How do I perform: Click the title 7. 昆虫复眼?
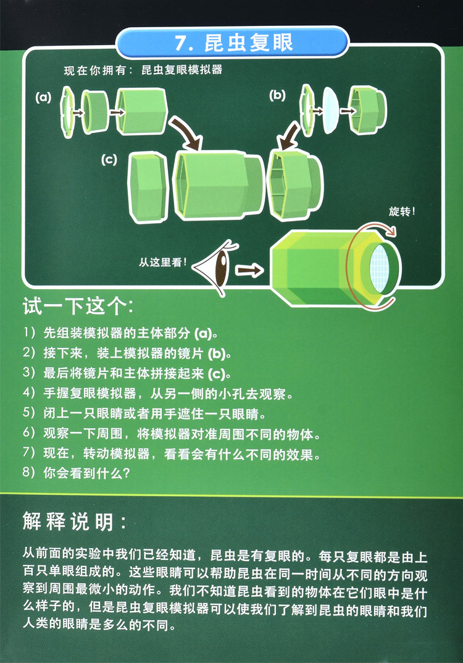234,43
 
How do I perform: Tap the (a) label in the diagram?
43,98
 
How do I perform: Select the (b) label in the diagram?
277,95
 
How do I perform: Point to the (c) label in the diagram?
109,159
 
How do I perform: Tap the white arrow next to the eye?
249,270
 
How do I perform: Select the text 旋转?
402,211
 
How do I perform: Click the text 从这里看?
162,262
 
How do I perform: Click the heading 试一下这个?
78,306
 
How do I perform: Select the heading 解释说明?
75,522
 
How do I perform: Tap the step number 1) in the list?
30,332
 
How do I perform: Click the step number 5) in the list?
30,412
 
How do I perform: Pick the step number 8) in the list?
30,472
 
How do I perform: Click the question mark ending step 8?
125,473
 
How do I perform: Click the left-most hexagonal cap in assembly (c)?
149,187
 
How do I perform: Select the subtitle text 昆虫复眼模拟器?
181,70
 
